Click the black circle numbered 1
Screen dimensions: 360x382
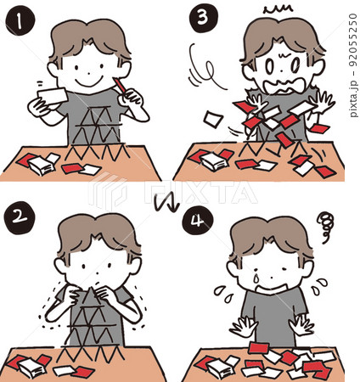click(x=20, y=21)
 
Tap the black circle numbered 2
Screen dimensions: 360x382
click(x=20, y=217)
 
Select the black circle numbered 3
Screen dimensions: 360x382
click(x=204, y=18)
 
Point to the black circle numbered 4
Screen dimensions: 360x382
click(x=197, y=221)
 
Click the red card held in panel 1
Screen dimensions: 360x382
click(x=120, y=85)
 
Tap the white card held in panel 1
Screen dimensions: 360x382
click(x=53, y=96)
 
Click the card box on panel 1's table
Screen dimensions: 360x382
click(x=42, y=166)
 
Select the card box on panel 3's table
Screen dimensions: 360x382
click(x=214, y=163)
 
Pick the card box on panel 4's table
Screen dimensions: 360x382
click(x=221, y=368)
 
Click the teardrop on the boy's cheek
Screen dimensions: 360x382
click(x=256, y=278)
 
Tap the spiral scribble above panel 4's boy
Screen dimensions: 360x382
click(x=325, y=227)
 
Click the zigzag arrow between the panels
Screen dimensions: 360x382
click(x=167, y=204)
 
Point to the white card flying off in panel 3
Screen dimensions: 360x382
click(x=214, y=120)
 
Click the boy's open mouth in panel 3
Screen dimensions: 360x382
click(x=284, y=85)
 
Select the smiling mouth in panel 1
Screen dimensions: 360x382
click(x=88, y=82)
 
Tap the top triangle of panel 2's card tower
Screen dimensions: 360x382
click(x=90, y=296)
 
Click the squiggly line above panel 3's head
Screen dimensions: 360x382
click(x=278, y=10)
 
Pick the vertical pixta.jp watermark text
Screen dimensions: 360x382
click(x=353, y=65)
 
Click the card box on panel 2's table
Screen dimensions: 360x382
click(x=31, y=368)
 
